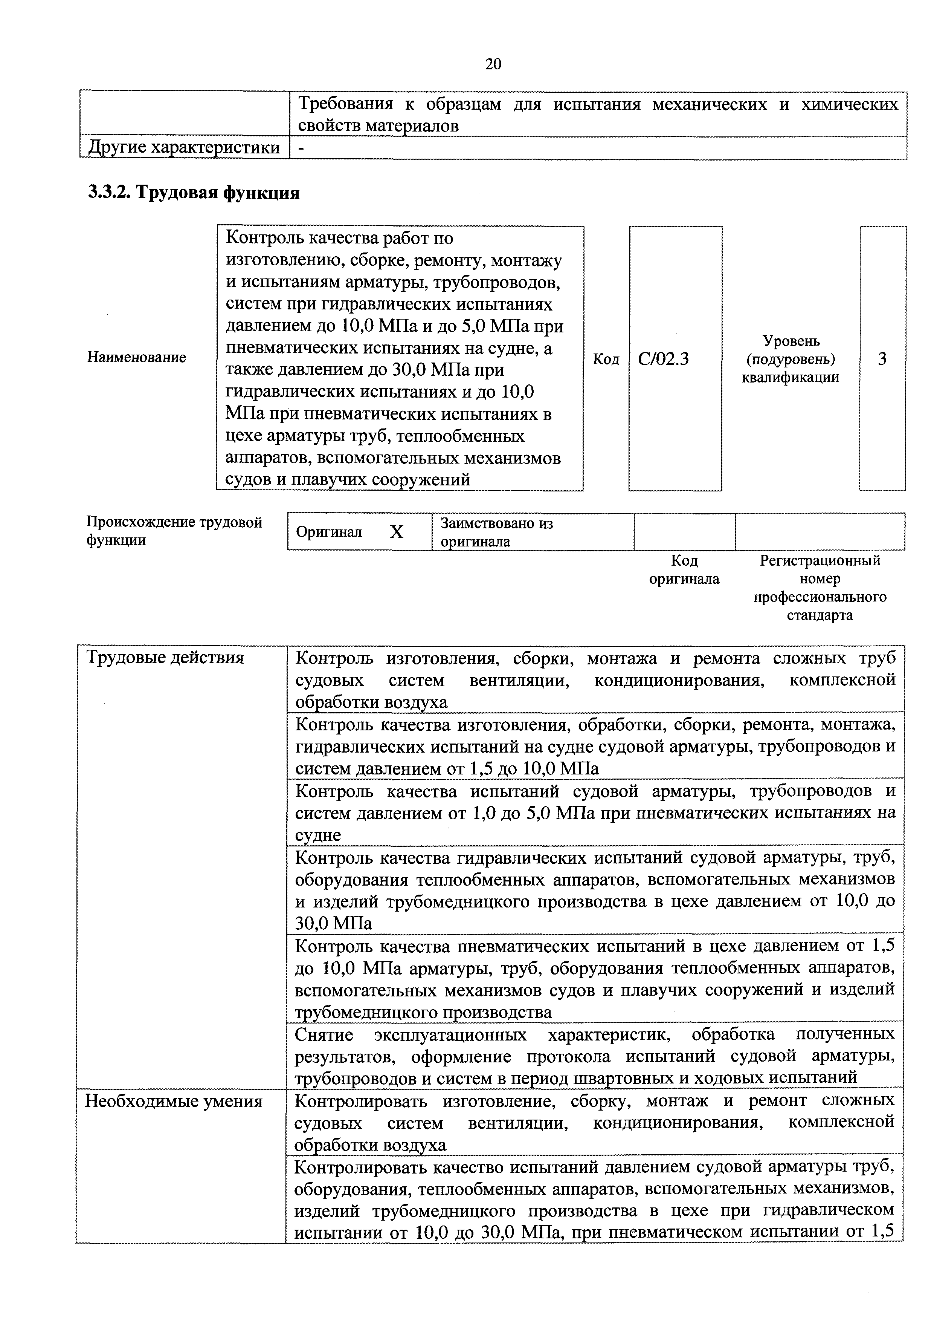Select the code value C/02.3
(663, 359)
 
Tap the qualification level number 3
(882, 359)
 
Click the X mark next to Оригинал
(397, 532)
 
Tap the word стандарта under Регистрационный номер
(820, 615)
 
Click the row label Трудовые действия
(165, 658)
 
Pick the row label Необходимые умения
(174, 1102)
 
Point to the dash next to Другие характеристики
(301, 148)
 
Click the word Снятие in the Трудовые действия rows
(324, 1035)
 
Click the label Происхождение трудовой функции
(174, 531)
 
